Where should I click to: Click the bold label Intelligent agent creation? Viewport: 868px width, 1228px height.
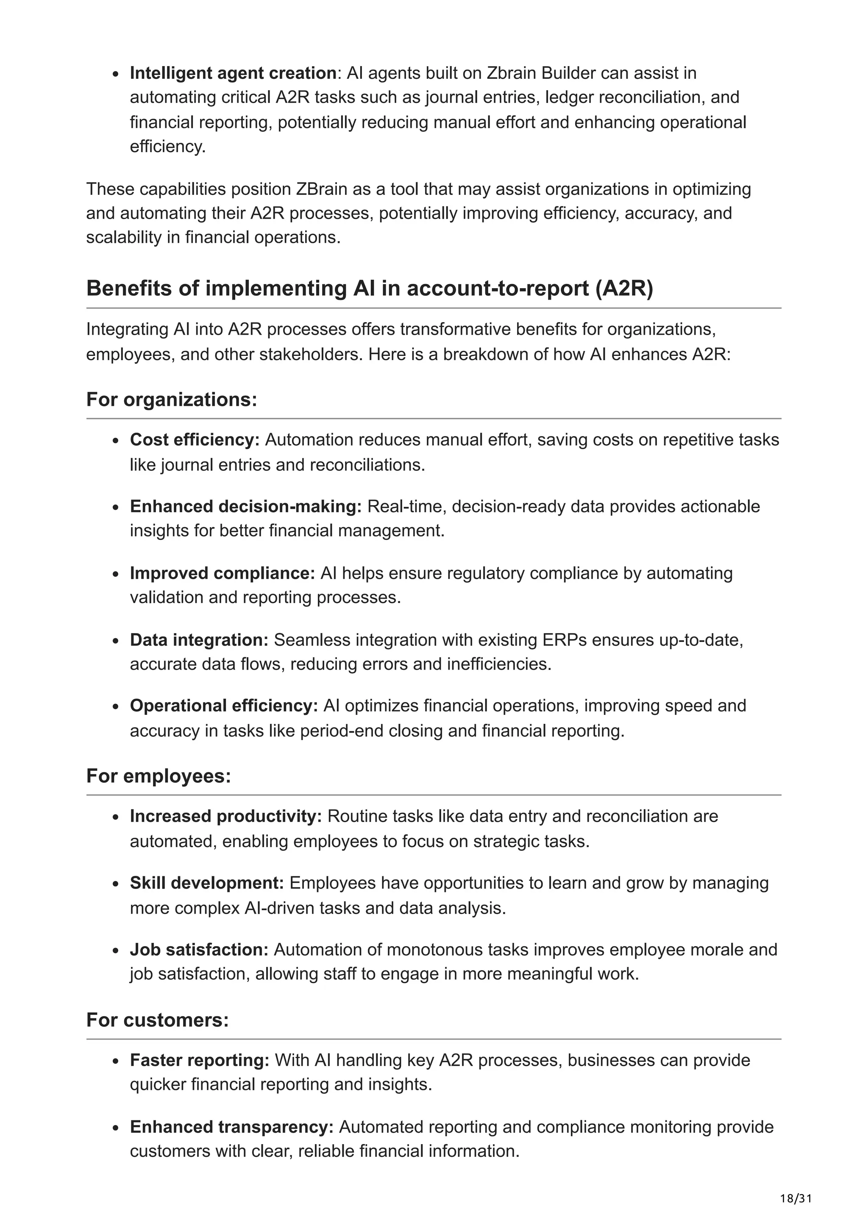point(233,73)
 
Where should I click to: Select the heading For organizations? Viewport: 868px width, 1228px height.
point(172,400)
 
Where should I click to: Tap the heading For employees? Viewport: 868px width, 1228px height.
point(159,775)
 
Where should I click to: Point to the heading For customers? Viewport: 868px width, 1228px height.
point(158,1020)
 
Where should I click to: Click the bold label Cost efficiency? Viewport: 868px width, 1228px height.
point(195,440)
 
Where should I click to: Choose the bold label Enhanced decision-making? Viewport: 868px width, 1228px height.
point(246,506)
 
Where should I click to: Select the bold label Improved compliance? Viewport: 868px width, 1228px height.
point(223,573)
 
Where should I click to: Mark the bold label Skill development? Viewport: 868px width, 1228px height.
point(207,883)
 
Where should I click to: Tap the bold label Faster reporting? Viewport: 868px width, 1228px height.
point(200,1060)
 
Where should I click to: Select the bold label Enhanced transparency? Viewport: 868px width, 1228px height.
point(231,1127)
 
